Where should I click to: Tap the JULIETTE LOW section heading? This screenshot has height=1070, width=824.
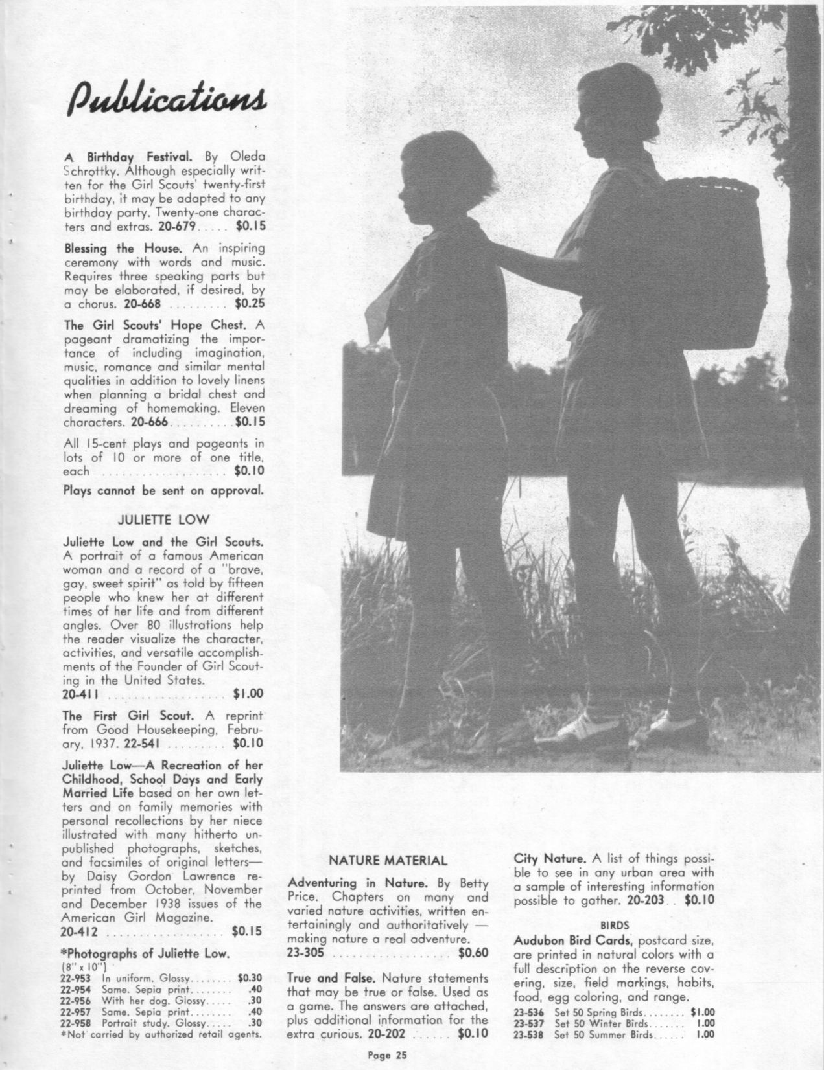pos(163,519)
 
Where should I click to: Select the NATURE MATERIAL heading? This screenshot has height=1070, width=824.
pos(387,861)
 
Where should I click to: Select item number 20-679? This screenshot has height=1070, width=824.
pos(178,227)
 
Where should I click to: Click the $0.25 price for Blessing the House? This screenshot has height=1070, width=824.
pos(248,302)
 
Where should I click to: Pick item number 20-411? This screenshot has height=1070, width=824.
pos(80,694)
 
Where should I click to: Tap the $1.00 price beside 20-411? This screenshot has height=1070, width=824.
pos(247,694)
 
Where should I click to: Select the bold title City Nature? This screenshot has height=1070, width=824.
pos(550,859)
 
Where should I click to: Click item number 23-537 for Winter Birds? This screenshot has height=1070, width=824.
pos(529,1024)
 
